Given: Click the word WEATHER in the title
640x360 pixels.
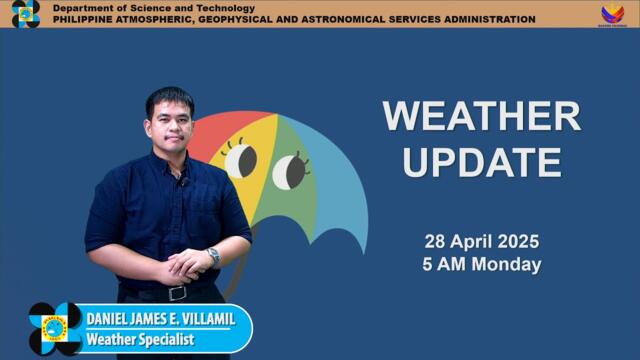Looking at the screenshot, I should click(x=481, y=117).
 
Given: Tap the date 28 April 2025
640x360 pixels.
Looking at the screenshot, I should click(x=481, y=242).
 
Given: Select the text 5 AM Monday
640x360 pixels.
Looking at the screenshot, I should click(x=481, y=265).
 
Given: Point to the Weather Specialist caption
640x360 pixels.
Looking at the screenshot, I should click(x=139, y=340).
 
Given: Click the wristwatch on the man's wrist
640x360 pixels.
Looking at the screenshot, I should click(x=213, y=256).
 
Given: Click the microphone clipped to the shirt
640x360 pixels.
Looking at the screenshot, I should click(x=182, y=180).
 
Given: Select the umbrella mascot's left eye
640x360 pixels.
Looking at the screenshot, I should click(x=240, y=160).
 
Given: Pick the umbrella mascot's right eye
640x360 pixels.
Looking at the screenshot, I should click(x=290, y=171).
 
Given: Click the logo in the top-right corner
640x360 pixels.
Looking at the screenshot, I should click(x=612, y=14).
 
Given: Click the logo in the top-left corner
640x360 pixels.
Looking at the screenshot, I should click(x=25, y=14).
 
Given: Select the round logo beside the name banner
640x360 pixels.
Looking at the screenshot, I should click(x=55, y=328).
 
